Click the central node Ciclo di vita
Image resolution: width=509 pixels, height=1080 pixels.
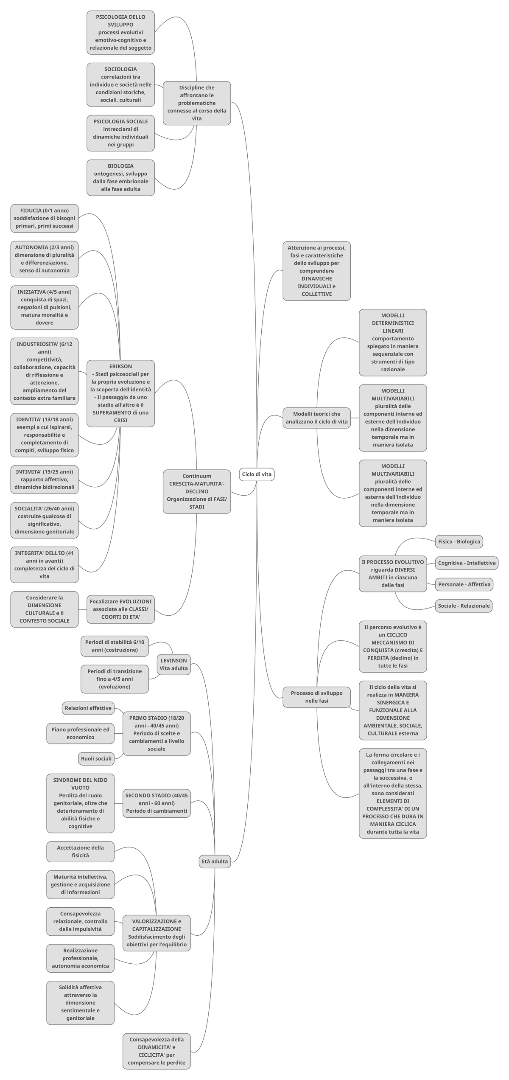[x=257, y=474]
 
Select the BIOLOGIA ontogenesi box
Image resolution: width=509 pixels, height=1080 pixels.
[x=120, y=177]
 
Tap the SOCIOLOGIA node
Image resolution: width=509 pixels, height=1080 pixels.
[x=120, y=84]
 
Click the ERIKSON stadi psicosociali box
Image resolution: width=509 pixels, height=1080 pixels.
[x=120, y=393]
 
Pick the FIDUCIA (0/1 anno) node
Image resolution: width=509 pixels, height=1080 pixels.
[x=45, y=218]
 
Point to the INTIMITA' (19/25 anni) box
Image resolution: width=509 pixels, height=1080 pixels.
[x=45, y=479]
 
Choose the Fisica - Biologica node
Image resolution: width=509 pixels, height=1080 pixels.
[x=459, y=541]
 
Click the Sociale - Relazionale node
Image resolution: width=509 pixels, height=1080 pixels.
[x=464, y=606]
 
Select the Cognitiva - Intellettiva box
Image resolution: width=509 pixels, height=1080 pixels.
[x=467, y=563]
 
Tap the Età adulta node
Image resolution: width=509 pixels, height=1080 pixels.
[x=215, y=861]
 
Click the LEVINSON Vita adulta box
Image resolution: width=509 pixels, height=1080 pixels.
[x=173, y=664]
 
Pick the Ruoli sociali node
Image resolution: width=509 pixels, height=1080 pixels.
[x=96, y=758]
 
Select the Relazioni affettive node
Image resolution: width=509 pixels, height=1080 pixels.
[x=88, y=708]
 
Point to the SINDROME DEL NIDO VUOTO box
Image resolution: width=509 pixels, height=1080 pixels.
[x=80, y=803]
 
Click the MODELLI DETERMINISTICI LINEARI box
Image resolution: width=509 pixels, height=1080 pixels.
[x=393, y=342]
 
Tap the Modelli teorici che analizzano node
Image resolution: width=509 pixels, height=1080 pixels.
[x=316, y=418]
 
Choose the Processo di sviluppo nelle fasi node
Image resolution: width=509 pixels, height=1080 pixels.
[x=316, y=697]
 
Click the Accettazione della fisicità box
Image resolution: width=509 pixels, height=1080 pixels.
[x=80, y=851]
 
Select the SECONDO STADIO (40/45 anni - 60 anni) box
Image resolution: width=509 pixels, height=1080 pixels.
[x=157, y=803]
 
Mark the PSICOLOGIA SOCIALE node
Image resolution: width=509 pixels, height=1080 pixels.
[x=120, y=133]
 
